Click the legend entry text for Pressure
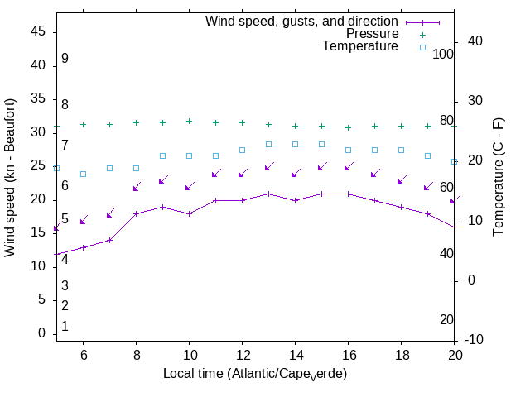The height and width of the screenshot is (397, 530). click(x=372, y=34)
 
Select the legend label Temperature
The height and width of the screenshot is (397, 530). click(x=360, y=46)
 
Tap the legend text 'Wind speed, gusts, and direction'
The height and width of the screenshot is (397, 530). click(x=302, y=22)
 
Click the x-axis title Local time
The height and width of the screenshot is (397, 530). click(x=255, y=374)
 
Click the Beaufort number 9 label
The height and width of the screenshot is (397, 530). click(x=65, y=59)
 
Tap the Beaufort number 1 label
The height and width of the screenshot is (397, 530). click(x=65, y=327)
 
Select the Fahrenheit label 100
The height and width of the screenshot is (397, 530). click(x=443, y=54)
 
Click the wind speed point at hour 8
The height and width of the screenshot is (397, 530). click(x=136, y=213)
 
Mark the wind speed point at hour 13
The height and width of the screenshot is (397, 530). click(x=268, y=194)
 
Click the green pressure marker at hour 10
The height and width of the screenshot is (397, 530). click(x=189, y=121)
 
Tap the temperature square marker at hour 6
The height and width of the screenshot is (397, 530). click(x=83, y=174)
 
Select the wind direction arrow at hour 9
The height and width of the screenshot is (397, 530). click(x=162, y=179)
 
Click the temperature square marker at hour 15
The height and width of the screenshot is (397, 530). click(x=321, y=144)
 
